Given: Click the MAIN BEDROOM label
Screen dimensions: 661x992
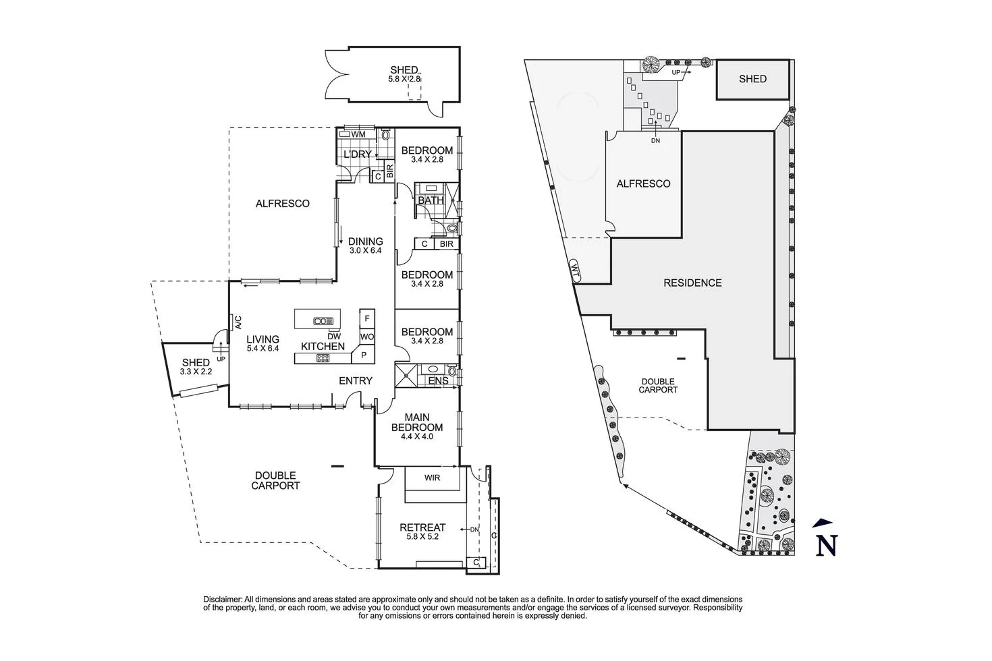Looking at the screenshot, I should click(x=417, y=422).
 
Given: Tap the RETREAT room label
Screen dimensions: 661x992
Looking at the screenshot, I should click(x=422, y=527).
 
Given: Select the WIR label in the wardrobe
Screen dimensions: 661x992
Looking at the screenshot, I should click(x=433, y=478).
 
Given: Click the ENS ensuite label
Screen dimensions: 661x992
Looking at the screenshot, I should click(x=438, y=381).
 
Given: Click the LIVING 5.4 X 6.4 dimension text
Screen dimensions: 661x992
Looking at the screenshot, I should click(x=263, y=349).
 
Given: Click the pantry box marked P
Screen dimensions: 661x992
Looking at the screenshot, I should click(x=364, y=355).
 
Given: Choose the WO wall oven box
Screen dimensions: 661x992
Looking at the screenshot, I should click(x=367, y=337).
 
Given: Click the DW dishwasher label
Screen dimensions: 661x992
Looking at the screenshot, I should click(x=333, y=336).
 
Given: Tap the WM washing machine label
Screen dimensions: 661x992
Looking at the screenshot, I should click(x=358, y=135).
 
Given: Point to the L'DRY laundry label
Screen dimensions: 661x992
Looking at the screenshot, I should click(x=358, y=155).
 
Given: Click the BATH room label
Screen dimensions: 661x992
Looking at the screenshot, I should click(x=431, y=200).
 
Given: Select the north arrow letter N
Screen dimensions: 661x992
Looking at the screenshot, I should click(x=826, y=544).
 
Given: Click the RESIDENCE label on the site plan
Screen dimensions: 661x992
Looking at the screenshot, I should click(x=692, y=283).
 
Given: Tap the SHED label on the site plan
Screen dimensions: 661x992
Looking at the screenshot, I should click(x=752, y=79).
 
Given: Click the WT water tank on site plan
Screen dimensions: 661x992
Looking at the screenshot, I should click(x=575, y=270).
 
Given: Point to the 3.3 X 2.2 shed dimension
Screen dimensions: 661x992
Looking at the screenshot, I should click(x=196, y=372).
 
